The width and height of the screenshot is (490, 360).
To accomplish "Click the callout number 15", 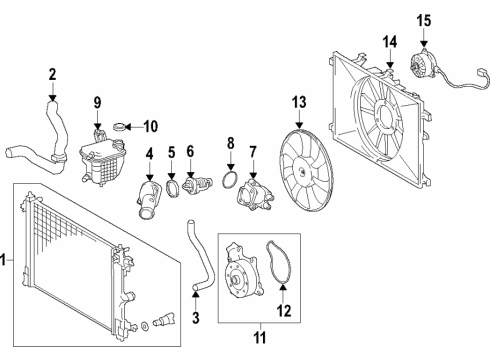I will tap(423, 20).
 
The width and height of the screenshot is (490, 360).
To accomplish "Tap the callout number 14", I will tap(390, 41).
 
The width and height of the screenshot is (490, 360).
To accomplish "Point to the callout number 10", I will tap(151, 126).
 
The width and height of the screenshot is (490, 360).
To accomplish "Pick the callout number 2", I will tap(52, 73).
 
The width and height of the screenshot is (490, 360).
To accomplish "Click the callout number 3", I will tap(197, 318).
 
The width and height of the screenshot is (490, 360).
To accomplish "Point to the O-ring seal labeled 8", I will tap(230, 182).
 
